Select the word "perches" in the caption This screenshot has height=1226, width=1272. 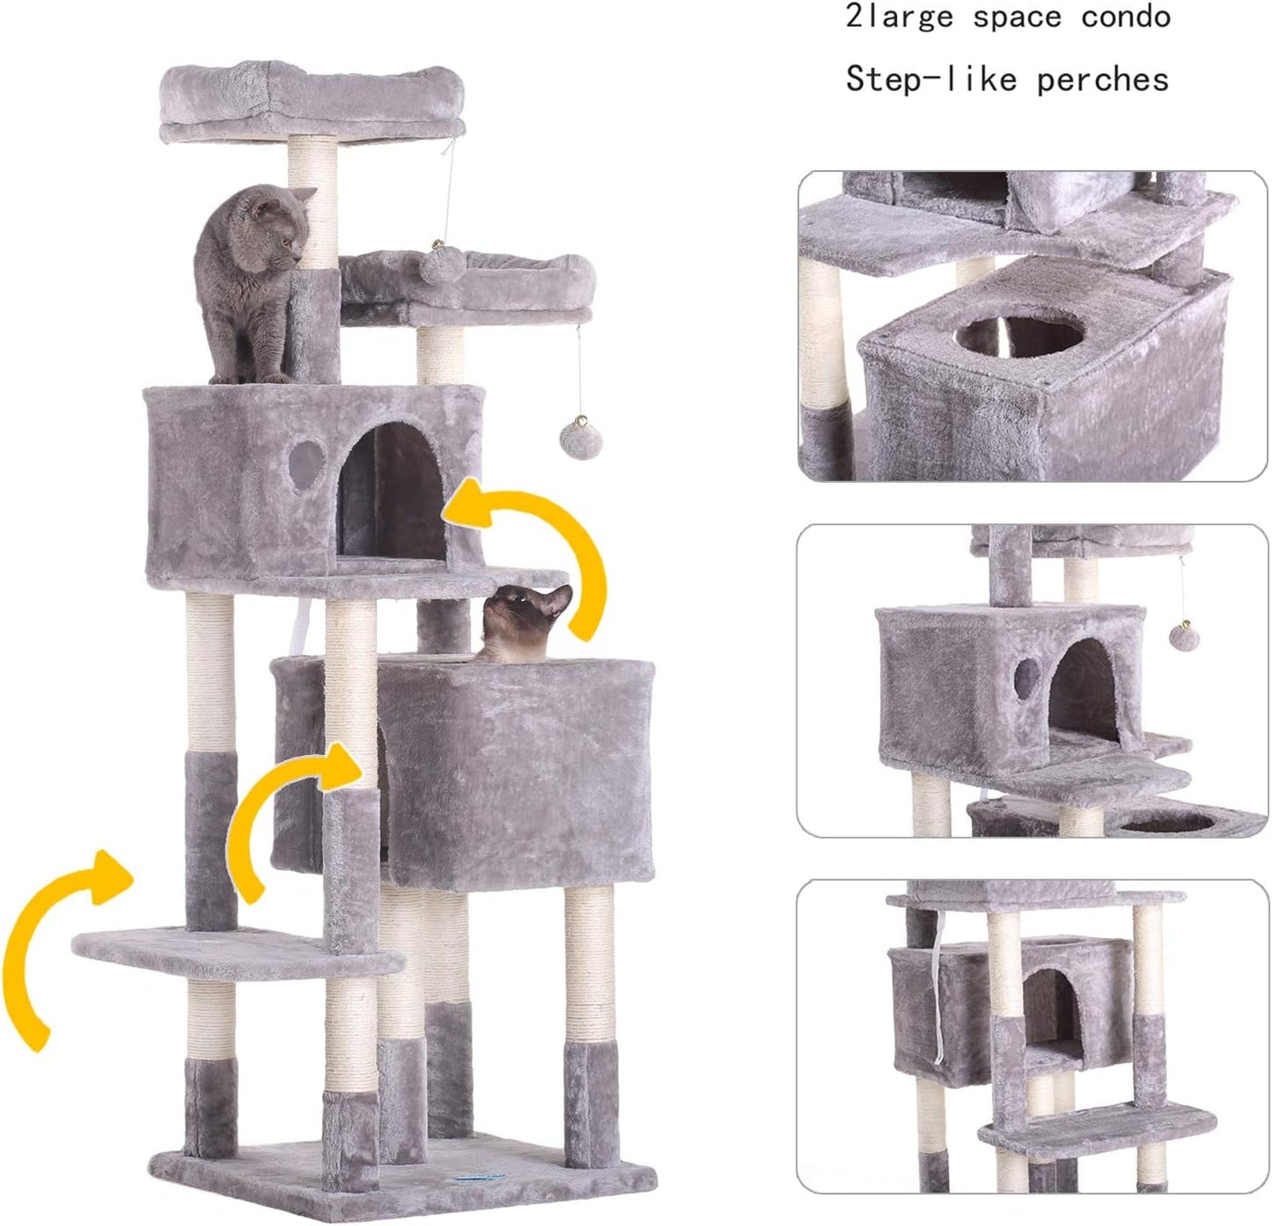[x=1102, y=80]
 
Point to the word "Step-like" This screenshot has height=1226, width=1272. [x=929, y=80]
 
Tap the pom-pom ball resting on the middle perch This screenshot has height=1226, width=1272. [x=437, y=265]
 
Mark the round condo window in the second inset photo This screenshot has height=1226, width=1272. [x=1025, y=678]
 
